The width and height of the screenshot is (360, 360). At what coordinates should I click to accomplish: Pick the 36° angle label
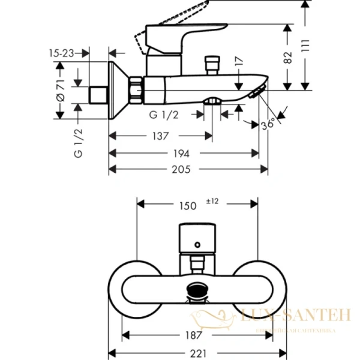coord(269,124)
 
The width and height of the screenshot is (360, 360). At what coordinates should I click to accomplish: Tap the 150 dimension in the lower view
coord(187,205)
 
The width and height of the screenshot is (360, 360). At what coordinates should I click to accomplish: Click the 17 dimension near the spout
coord(239,62)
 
